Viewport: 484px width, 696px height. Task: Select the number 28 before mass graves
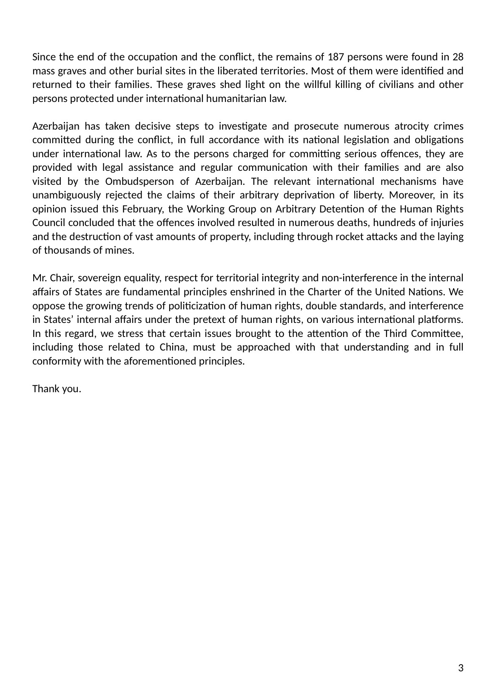[458, 57]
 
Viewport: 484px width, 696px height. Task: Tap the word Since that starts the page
[42, 57]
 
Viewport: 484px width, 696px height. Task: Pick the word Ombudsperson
[139, 181]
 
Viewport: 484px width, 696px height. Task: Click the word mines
[120, 250]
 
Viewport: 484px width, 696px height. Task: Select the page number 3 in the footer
[461, 668]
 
